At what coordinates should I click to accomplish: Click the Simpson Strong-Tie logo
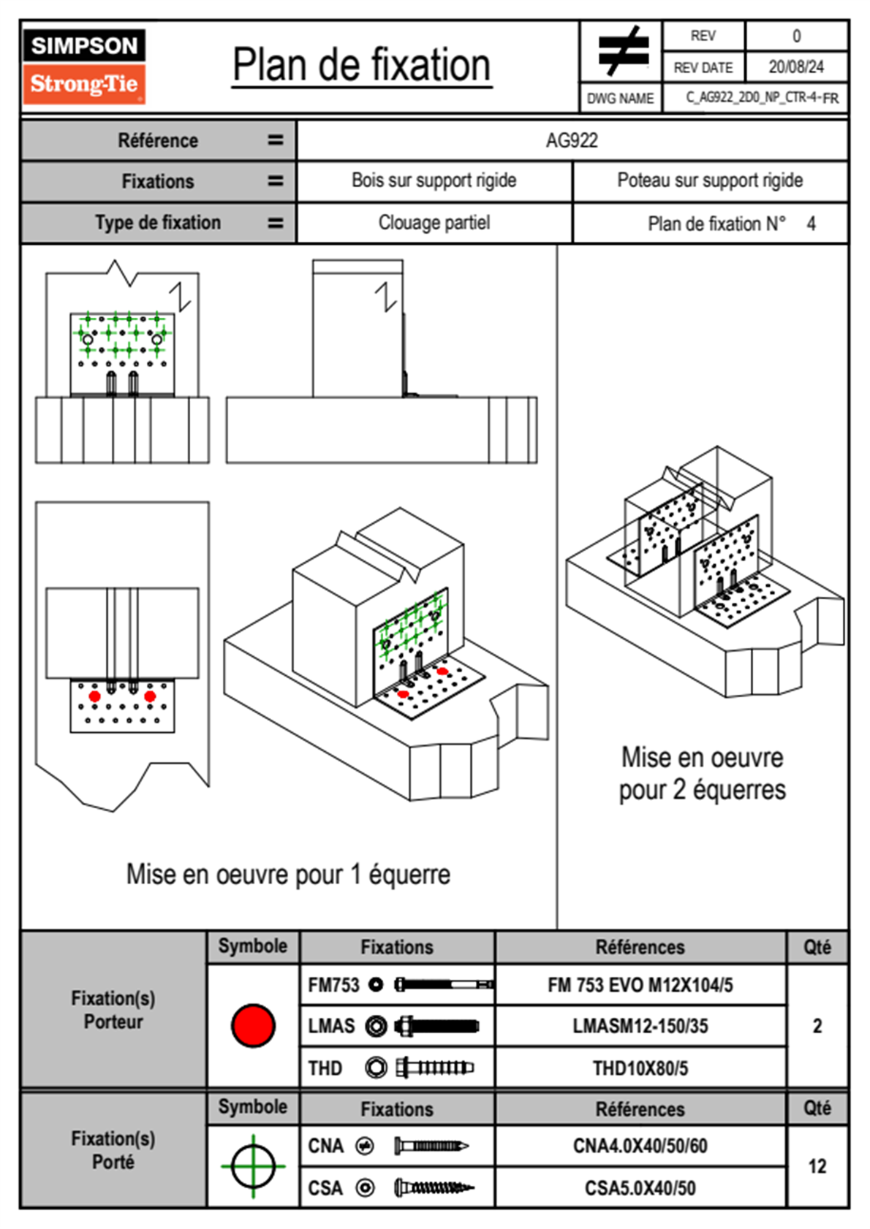pos(84,66)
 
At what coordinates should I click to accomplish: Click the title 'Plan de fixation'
pos(361,66)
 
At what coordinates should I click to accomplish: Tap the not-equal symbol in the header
pos(622,51)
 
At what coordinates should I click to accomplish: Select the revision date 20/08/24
pos(795,67)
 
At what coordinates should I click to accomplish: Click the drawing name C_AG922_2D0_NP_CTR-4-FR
pos(761,98)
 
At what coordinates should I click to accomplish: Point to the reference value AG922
pos(572,140)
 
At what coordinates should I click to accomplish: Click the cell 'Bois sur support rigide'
pos(434,180)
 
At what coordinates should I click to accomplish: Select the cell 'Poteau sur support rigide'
pos(709,180)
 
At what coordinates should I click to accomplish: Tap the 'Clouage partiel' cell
pos(434,223)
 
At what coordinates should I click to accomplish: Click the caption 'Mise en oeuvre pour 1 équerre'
pos(288,874)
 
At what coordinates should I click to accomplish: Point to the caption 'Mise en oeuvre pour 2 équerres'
pos(702,774)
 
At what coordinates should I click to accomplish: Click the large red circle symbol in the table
pos(253,1025)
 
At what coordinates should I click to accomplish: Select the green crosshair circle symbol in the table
pos(253,1166)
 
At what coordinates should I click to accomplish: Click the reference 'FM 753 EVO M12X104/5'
pos(640,985)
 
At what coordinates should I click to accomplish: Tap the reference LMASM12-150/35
pos(640,1026)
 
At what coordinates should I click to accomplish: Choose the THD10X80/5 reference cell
pos(640,1068)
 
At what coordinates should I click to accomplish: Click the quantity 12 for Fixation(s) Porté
pos(817,1166)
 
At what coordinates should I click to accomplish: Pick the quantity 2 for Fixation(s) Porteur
pos(817,1026)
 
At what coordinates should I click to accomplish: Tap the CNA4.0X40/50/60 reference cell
pos(640,1146)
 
